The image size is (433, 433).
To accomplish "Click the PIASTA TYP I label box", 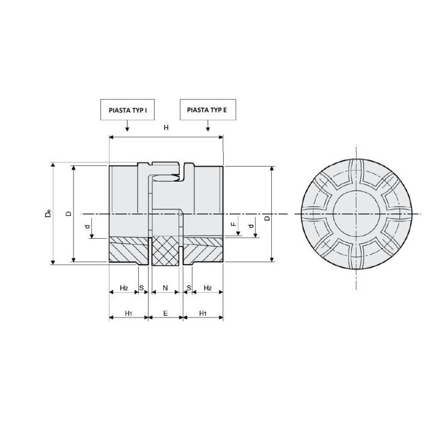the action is click(127, 109).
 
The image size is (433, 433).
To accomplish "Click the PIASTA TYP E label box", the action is click(208, 109).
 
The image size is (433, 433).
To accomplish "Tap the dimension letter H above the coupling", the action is click(166, 127).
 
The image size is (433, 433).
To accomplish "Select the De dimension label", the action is click(48, 213).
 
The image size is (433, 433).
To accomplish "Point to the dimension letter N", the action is click(165, 288).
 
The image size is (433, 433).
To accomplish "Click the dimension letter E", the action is click(165, 313).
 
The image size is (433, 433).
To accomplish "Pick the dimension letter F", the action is click(234, 224).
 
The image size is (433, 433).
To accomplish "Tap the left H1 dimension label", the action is click(129, 313).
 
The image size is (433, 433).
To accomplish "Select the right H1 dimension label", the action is click(203, 313).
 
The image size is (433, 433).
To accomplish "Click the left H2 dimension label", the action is click(124, 288).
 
